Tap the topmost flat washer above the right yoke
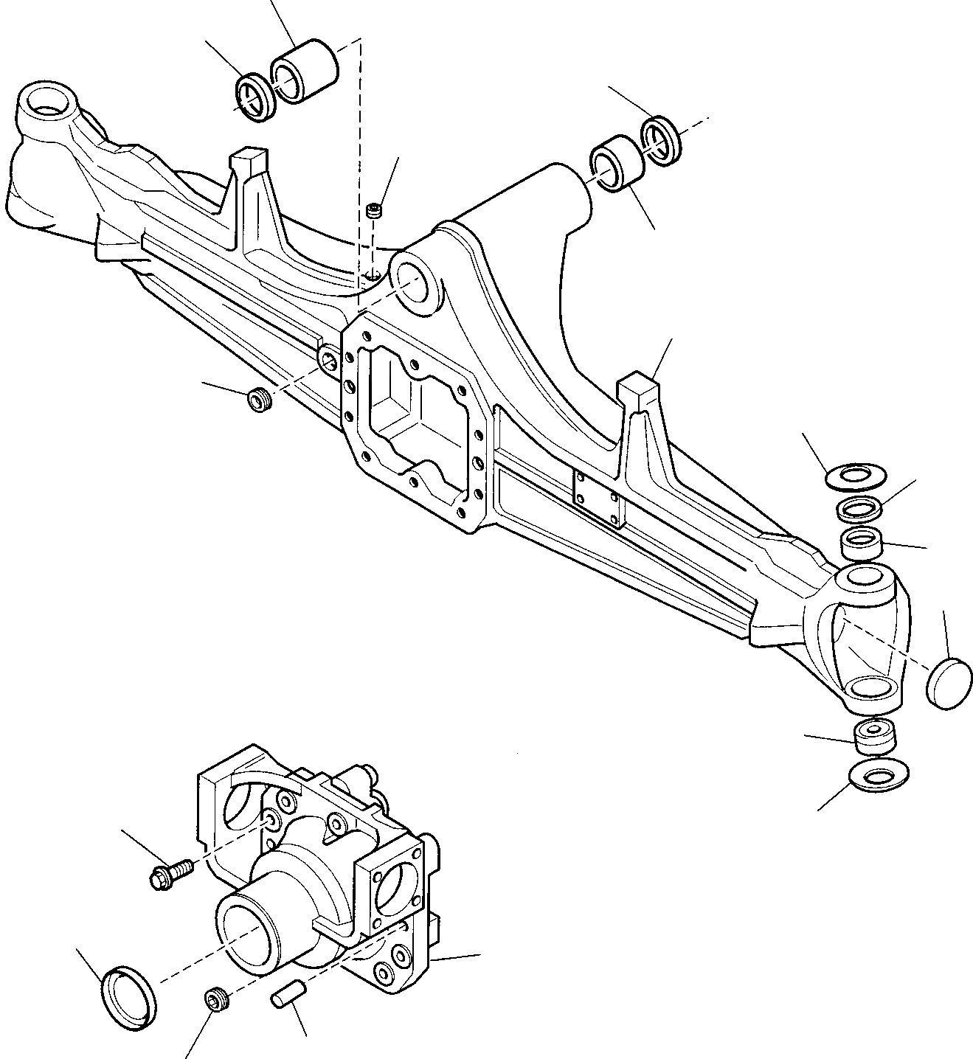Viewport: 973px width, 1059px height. (855, 476)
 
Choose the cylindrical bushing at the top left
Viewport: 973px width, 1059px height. (305, 74)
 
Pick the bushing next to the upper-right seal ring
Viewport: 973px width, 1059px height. (617, 164)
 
